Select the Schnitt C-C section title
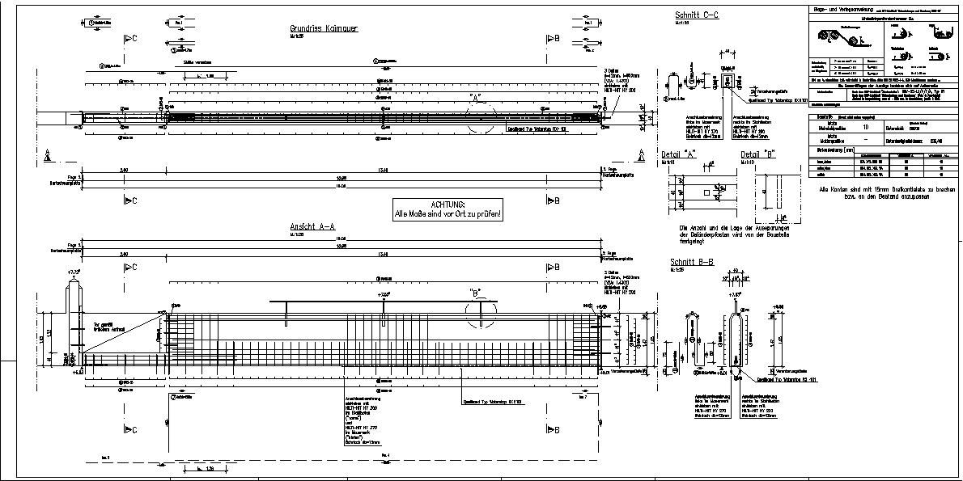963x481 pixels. pyautogui.click(x=697, y=15)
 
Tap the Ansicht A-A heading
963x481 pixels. pyautogui.click(x=313, y=226)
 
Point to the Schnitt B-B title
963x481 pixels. pyautogui.click(x=691, y=262)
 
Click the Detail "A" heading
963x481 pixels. pyautogui.click(x=685, y=154)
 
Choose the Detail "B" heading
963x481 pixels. pyautogui.click(x=757, y=154)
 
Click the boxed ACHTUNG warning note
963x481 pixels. pyautogui.click(x=447, y=210)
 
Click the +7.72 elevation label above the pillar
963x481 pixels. pyautogui.click(x=74, y=272)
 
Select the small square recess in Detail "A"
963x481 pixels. pyautogui.click(x=706, y=193)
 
